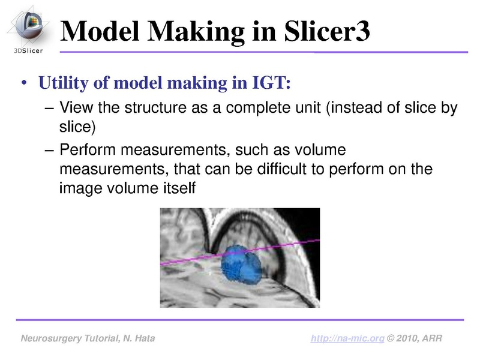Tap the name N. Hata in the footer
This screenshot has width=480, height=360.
click(137, 339)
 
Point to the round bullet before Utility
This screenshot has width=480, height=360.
click(25, 83)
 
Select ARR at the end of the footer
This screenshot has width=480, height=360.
click(432, 339)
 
